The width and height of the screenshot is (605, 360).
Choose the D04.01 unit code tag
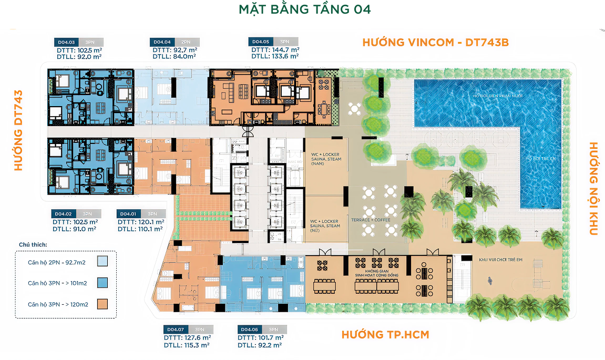coord(128,214)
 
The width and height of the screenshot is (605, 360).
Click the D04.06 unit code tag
coord(250,330)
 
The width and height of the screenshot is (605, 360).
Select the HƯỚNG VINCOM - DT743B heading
coord(435,43)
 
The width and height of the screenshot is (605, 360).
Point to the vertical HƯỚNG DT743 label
coord(19,129)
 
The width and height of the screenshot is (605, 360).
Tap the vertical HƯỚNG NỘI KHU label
coord(592,189)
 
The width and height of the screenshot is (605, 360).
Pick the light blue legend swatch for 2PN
coord(102,261)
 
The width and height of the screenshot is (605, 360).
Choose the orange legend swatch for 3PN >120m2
coord(102,304)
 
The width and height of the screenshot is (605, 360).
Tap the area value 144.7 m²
coord(284,49)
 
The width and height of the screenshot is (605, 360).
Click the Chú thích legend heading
coord(33,245)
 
